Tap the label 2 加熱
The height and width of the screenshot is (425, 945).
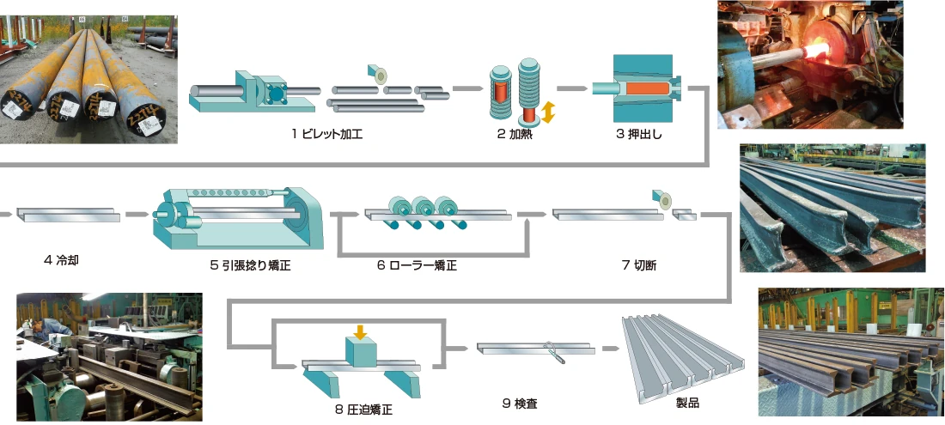tap(515, 133)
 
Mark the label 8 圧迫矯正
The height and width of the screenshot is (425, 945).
tap(364, 409)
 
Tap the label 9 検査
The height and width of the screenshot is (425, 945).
tap(521, 401)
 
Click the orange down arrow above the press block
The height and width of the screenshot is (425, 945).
tap(361, 330)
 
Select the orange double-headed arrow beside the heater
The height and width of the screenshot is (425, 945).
tap(547, 112)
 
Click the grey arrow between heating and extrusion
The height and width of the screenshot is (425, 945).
tap(571, 88)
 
